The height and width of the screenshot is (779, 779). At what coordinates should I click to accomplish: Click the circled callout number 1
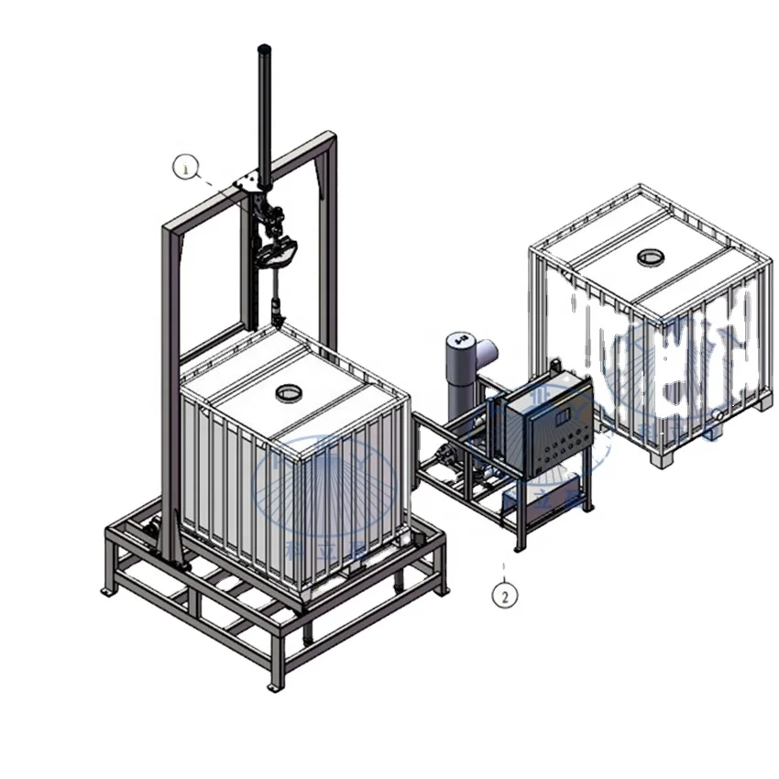(x=186, y=167)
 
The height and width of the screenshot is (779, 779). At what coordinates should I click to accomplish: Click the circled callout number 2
(x=503, y=594)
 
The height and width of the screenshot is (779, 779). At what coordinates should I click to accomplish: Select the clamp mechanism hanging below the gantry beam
(x=278, y=240)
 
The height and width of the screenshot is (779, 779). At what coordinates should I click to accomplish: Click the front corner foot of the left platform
(x=272, y=684)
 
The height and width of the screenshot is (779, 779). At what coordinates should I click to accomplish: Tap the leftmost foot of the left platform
(x=107, y=591)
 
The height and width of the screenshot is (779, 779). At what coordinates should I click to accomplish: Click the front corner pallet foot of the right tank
(x=657, y=458)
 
